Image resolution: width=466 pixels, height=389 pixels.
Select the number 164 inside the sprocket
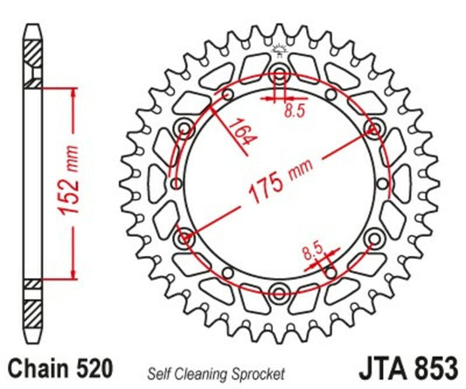coord(235,131)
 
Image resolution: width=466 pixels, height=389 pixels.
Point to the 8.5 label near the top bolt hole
coord(295,110)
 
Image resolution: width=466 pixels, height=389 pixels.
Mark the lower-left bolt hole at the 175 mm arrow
coord(184,237)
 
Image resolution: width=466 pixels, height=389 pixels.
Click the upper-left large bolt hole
coord(184,128)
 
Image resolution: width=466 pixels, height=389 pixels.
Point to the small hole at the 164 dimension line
coord(228,95)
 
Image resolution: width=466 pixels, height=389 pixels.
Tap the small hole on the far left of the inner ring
coord(177,183)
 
